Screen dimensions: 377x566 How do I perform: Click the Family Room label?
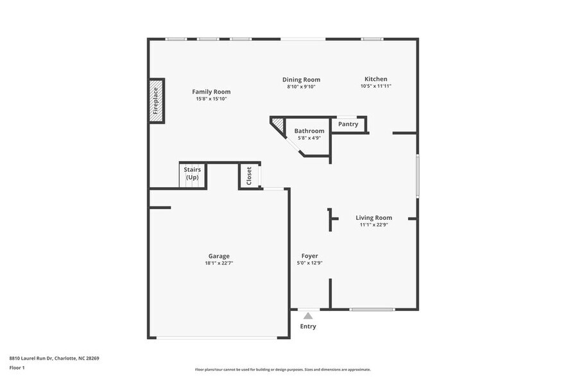211,92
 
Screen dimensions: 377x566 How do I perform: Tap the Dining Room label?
301,80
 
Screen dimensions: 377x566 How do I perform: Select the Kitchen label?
375,79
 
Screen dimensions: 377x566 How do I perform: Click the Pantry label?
348,124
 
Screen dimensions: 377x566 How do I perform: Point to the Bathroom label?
309,131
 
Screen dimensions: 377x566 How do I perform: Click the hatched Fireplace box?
156,101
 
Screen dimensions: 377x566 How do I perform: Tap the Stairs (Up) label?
192,173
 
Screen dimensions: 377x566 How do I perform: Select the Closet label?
249,176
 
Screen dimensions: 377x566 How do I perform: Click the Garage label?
218,256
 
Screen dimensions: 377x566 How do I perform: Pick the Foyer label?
309,256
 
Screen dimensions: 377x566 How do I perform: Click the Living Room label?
373,218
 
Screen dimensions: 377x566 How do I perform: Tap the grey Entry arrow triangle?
308,315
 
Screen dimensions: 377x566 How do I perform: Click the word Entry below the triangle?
308,326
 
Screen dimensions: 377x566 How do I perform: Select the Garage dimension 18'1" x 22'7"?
218,263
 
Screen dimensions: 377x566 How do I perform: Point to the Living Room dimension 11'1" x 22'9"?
373,225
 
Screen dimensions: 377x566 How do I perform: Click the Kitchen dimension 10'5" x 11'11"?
375,86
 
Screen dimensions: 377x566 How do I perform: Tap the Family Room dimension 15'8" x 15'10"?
211,99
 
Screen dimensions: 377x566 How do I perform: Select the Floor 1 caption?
17,367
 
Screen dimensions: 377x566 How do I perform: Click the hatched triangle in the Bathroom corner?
277,123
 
